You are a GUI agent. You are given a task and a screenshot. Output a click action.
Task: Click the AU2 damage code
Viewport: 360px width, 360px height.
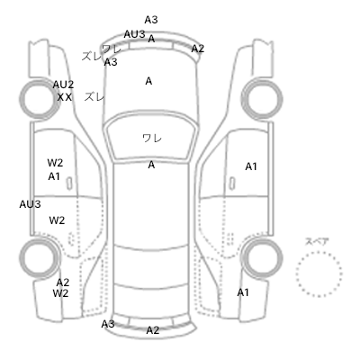pos(63,85)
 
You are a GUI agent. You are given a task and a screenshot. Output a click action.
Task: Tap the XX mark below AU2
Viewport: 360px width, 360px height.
pos(65,97)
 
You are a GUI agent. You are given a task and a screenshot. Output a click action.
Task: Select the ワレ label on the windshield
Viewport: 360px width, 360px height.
pos(152,139)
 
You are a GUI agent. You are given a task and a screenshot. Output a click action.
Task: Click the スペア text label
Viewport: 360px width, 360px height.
pos(317,241)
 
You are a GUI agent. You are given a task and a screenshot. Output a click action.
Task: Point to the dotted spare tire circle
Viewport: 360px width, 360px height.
pos(319,252)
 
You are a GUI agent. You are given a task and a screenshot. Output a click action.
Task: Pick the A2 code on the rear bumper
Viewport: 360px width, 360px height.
pos(153,330)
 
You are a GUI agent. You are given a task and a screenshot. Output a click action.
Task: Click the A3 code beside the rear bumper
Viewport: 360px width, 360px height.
pos(108,324)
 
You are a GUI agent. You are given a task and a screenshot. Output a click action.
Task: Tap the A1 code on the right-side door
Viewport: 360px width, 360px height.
pos(251,166)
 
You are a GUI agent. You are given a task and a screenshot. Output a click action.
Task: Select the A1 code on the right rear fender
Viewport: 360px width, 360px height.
pos(243,292)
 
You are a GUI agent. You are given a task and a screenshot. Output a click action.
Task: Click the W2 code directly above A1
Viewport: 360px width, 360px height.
pos(55,163)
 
